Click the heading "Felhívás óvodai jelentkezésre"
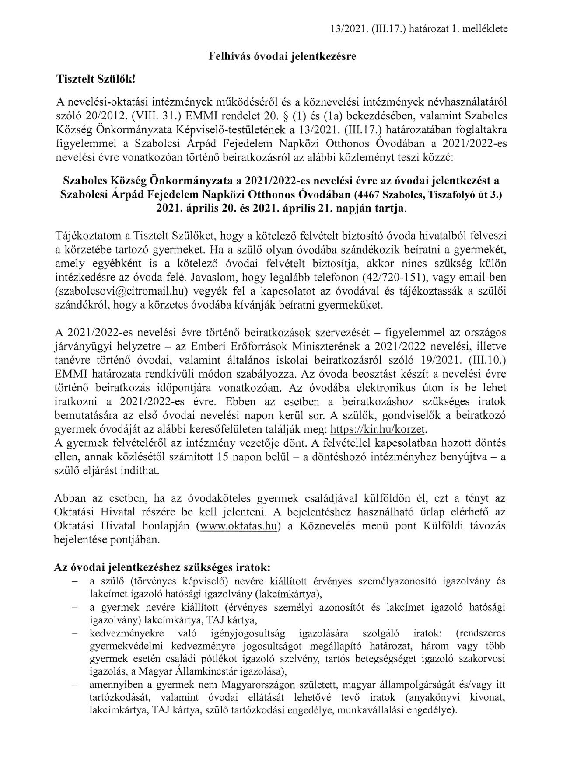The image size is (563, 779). click(281, 56)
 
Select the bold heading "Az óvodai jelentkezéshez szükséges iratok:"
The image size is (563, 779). click(162, 567)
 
